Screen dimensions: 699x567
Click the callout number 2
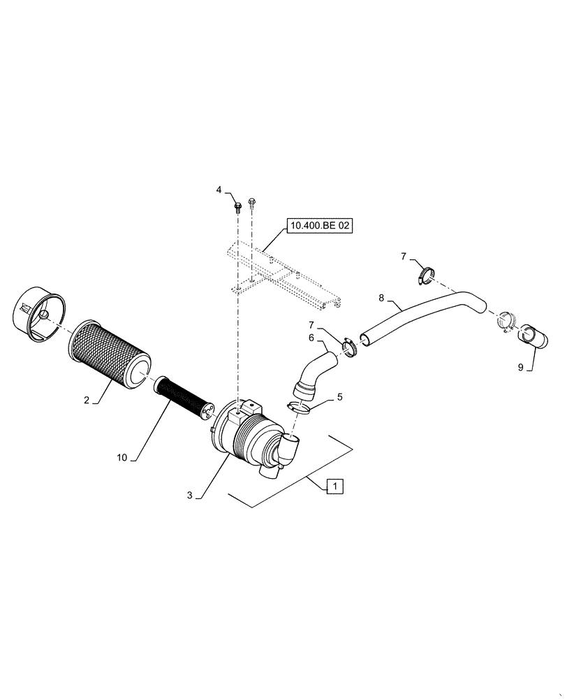(87, 400)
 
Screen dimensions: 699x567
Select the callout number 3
(190, 495)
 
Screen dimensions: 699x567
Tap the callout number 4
(219, 189)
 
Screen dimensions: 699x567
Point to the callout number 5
(340, 397)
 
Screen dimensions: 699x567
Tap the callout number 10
(123, 458)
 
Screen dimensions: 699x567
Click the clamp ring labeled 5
(298, 408)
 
